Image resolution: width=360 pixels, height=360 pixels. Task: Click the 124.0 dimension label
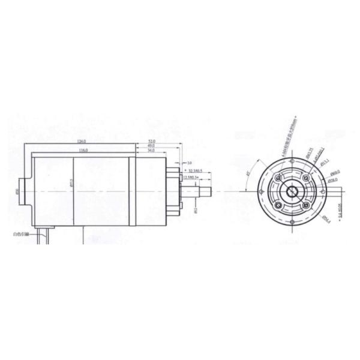click(x=82, y=142)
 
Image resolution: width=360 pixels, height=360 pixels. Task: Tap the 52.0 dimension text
click(x=151, y=142)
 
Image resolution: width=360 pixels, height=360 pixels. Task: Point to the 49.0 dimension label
click(x=151, y=146)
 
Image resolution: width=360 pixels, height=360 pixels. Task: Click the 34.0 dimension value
click(x=151, y=150)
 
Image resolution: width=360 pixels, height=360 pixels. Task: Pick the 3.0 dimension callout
click(x=189, y=163)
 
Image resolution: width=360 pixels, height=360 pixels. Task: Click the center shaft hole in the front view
click(x=292, y=192)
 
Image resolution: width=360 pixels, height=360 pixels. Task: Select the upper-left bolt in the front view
click(x=278, y=178)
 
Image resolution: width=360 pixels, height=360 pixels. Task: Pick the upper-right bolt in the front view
click(x=307, y=178)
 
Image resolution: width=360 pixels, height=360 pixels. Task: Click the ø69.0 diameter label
click(x=334, y=172)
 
